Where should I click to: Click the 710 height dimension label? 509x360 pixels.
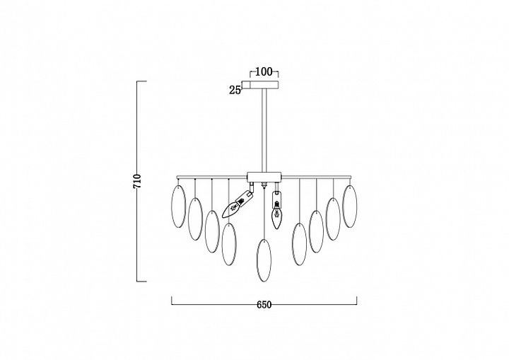[137, 182]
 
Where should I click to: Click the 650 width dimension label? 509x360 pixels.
[264, 305]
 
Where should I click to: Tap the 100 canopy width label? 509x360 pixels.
[264, 71]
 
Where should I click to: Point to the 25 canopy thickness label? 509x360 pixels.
[235, 90]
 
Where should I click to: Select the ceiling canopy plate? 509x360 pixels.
[264, 84]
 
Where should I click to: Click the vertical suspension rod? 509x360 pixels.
[264, 130]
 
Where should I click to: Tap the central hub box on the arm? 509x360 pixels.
[264, 177]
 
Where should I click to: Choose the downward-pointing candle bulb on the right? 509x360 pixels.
[276, 209]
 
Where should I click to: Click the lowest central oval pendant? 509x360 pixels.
[264, 260]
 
